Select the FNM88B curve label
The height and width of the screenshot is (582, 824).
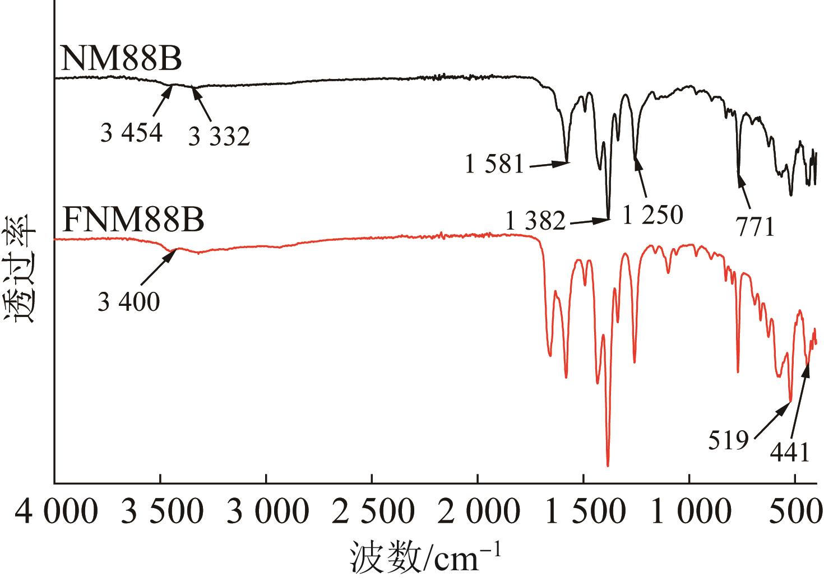click(x=133, y=220)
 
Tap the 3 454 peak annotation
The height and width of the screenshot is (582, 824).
click(x=132, y=133)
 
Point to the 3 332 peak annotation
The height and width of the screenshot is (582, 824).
click(x=219, y=136)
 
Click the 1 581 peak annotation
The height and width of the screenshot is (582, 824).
click(x=494, y=165)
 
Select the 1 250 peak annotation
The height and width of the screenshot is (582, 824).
click(x=653, y=215)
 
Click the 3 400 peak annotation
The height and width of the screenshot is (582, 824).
click(x=128, y=303)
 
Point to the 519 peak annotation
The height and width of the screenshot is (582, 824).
click(x=728, y=441)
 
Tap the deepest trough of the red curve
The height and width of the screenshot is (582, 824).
click(x=608, y=465)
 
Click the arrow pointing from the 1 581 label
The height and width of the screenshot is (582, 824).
click(x=549, y=165)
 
